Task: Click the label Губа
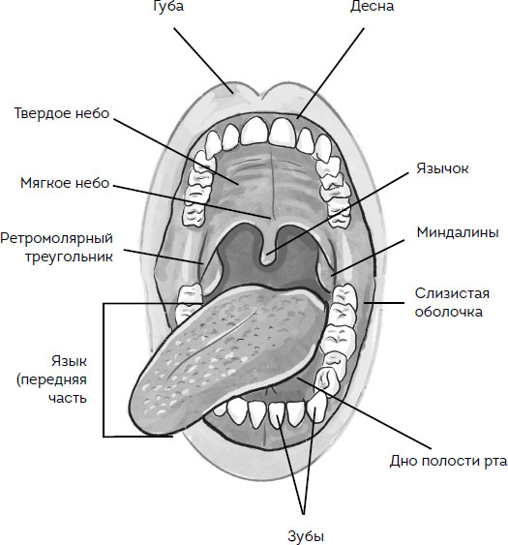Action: pyautogui.click(x=168, y=6)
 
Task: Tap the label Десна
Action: pyautogui.click(x=372, y=6)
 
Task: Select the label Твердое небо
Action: pyautogui.click(x=62, y=113)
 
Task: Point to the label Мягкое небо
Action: pyautogui.click(x=65, y=183)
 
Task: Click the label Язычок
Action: pyautogui.click(x=442, y=168)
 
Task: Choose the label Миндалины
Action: pyautogui.click(x=458, y=232)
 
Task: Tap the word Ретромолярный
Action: pyautogui.click(x=57, y=238)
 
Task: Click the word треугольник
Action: pyautogui.click(x=69, y=257)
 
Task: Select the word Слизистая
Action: pyautogui.click(x=452, y=293)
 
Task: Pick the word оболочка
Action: pyautogui.click(x=449, y=312)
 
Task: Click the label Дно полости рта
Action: pyautogui.click(x=448, y=461)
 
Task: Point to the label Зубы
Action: pyautogui.click(x=306, y=535)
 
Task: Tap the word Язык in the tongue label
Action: pyautogui.click(x=69, y=361)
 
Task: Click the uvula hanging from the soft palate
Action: pyautogui.click(x=267, y=256)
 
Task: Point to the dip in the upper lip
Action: pyautogui.click(x=260, y=98)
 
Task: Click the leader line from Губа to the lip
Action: pyautogui.click(x=203, y=60)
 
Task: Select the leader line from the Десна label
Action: pyautogui.click(x=331, y=74)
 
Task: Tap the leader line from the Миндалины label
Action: pyautogui.click(x=368, y=257)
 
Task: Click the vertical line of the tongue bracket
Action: pyautogui.click(x=104, y=370)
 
